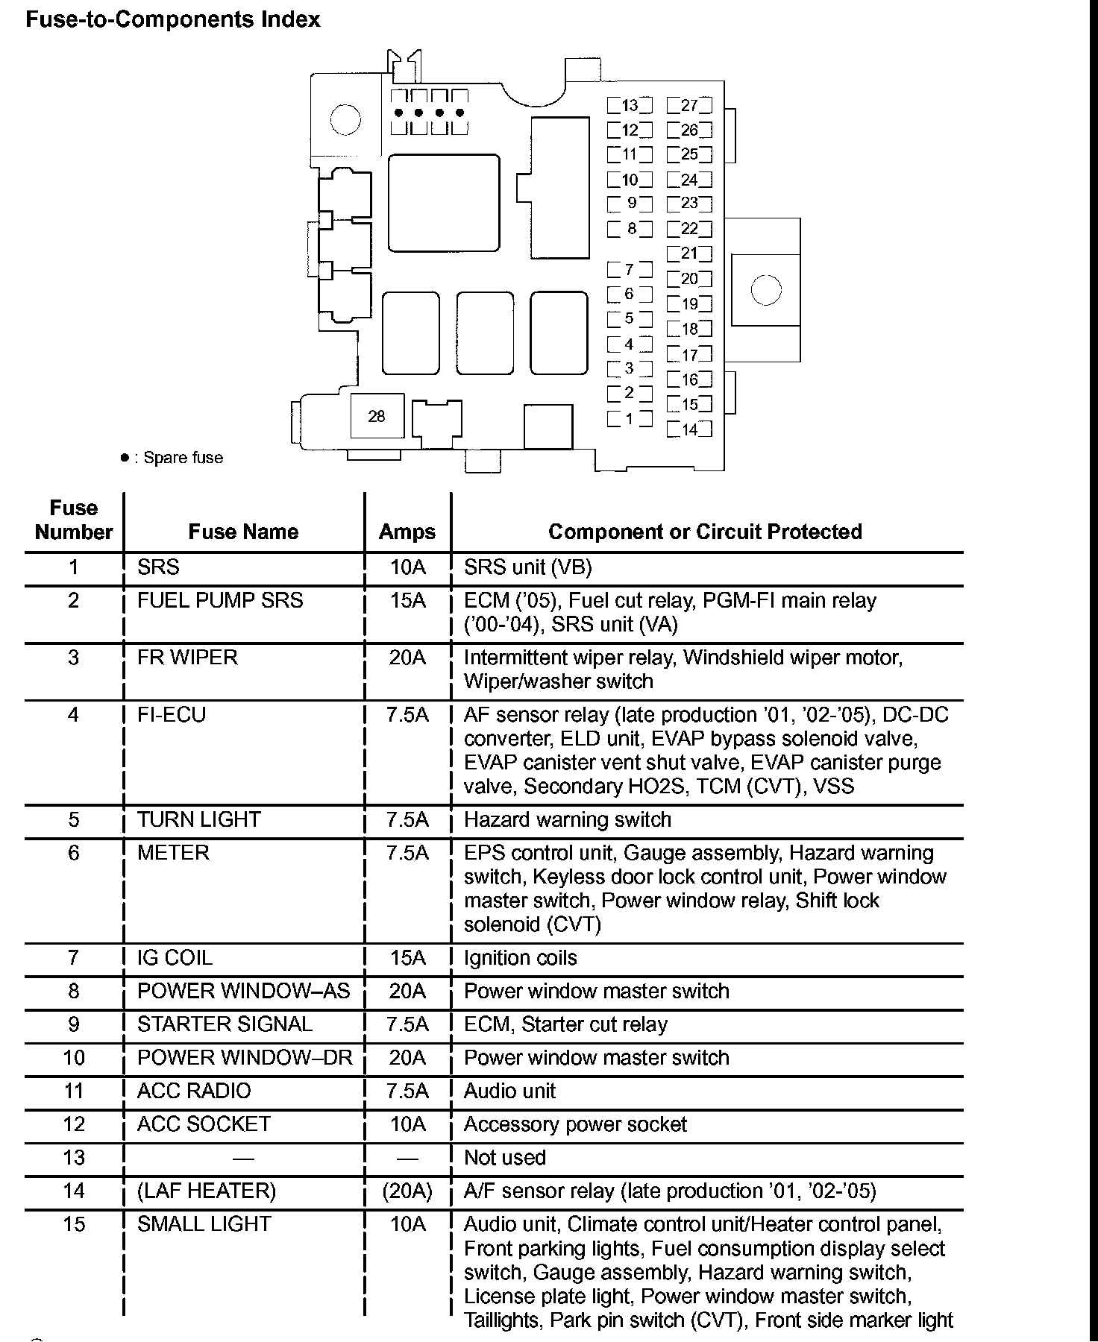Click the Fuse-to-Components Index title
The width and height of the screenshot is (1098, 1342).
[x=173, y=19]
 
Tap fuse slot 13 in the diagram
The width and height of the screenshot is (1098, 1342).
[x=630, y=106]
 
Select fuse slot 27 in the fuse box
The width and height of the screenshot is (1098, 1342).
[x=689, y=106]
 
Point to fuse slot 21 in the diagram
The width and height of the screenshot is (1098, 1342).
[x=689, y=253]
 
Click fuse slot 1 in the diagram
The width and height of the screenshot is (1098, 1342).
[x=630, y=419]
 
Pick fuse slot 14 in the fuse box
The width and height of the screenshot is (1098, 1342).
[x=689, y=429]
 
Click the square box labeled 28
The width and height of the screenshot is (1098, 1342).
[x=377, y=416]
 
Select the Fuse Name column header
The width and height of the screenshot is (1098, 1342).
[x=243, y=532]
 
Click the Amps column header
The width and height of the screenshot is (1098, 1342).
[x=407, y=532]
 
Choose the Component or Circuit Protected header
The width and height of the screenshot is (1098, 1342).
[x=705, y=532]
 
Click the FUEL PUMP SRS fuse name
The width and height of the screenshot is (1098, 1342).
[x=220, y=601]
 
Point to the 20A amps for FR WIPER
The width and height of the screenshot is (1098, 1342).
[x=407, y=658]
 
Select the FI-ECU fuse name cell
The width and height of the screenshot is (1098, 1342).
[x=172, y=715]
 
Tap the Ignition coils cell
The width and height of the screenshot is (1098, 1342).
[x=521, y=958]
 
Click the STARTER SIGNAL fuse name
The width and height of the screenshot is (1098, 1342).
[x=225, y=1024]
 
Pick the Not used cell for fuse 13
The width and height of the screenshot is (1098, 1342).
[x=505, y=1158]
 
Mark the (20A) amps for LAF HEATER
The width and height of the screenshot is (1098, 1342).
[x=407, y=1191]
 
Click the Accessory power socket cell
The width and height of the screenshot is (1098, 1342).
[x=575, y=1124]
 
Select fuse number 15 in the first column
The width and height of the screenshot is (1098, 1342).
[x=74, y=1224]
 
